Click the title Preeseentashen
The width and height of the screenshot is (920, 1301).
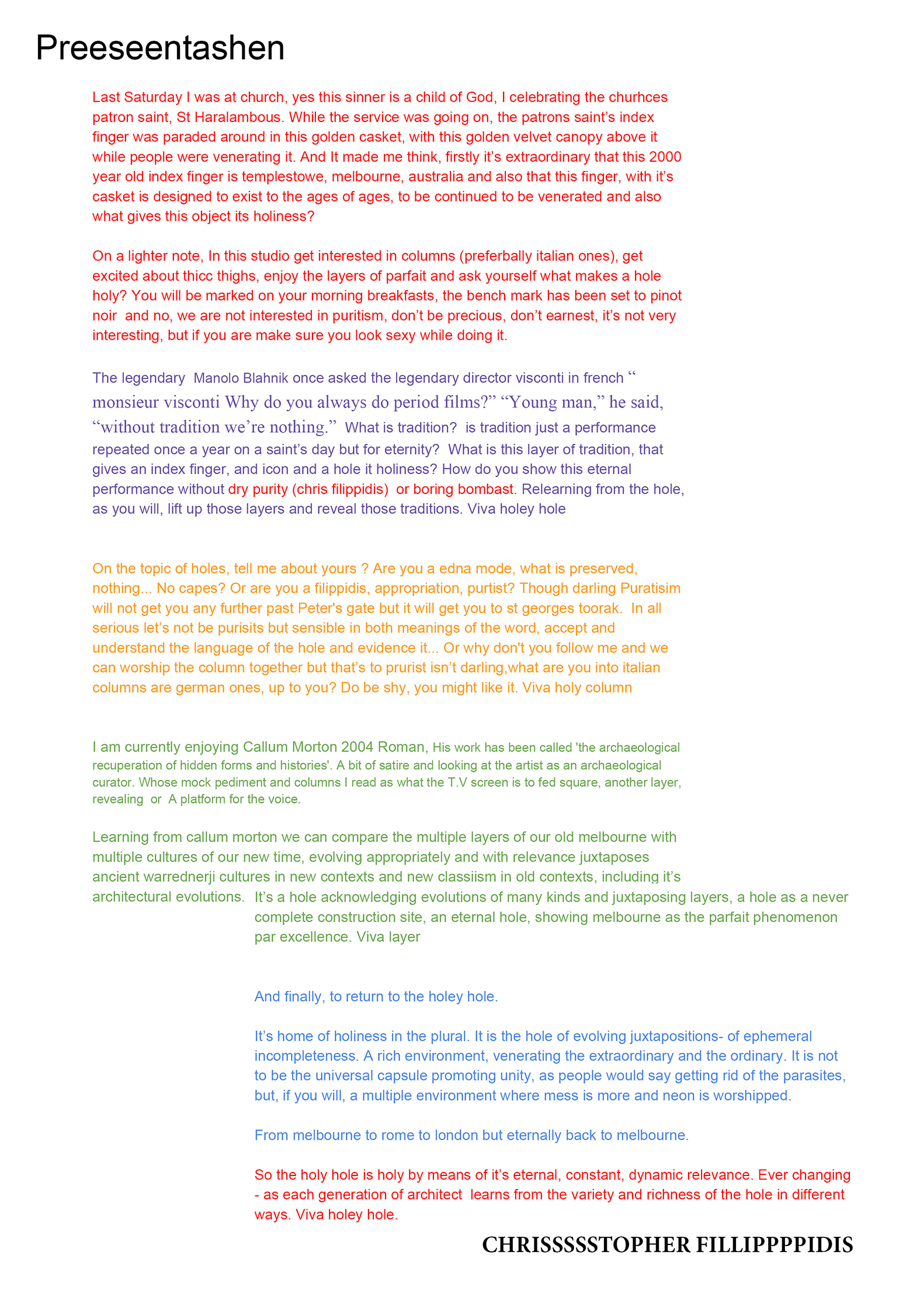tap(160, 48)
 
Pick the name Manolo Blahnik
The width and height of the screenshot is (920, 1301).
tap(241, 378)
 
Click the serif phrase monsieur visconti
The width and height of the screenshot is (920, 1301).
tap(155, 402)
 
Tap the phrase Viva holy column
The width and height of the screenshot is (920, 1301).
tap(577, 688)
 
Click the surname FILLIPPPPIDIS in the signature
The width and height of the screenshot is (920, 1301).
tap(774, 1245)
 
